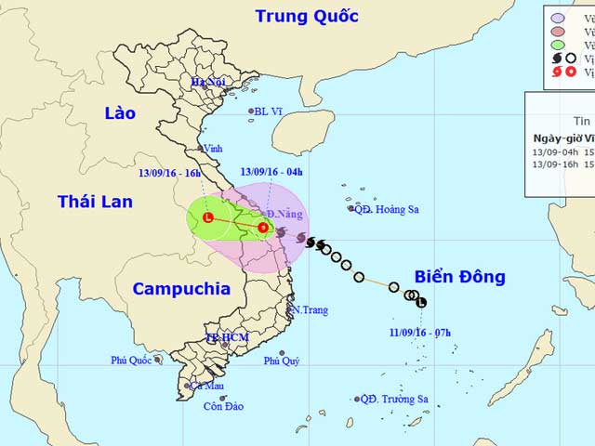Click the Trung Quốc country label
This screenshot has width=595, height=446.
coord(307,16)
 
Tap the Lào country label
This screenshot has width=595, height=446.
coord(120,113)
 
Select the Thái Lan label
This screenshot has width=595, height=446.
coord(95,202)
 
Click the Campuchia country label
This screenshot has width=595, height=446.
coord(181,289)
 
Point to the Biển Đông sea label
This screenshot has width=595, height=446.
coord(459,277)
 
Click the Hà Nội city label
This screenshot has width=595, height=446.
coord(209,82)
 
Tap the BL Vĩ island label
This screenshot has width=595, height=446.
coord(269,111)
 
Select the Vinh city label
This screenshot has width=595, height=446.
coord(213,148)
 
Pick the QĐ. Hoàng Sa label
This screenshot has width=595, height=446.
coord(386,209)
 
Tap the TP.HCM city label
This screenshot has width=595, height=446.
coord(227,337)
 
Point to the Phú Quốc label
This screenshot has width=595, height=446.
coord(131,360)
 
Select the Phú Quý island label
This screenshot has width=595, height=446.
coord(282,361)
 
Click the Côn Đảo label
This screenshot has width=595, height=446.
coord(223,406)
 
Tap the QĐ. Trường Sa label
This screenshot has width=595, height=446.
coord(394,399)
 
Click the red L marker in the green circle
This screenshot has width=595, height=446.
coord(208,217)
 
